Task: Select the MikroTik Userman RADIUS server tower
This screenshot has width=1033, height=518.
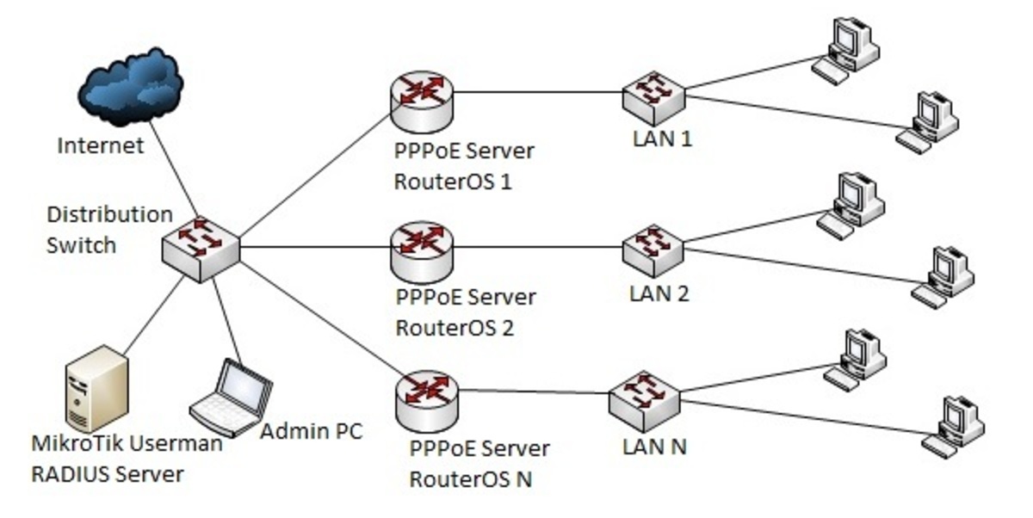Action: pos(96,387)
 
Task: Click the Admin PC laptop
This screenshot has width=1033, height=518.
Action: pos(231,397)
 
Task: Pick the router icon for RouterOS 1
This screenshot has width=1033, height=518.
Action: pos(422,96)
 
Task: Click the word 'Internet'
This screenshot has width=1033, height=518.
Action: pos(100,146)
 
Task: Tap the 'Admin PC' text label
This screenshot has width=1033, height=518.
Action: pos(312,430)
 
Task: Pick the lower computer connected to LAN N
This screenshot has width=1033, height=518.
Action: pos(953,423)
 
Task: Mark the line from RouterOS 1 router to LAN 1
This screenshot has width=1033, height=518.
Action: pos(538,92)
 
